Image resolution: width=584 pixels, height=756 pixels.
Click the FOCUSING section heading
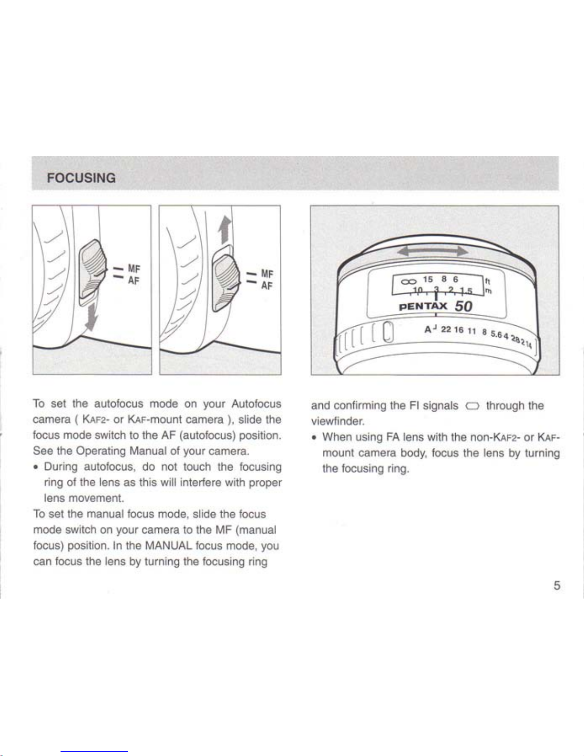tap(82, 178)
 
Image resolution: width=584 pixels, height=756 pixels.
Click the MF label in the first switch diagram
tap(134, 269)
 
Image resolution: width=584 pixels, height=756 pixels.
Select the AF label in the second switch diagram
tap(266, 286)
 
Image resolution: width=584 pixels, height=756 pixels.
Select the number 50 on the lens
tap(463, 306)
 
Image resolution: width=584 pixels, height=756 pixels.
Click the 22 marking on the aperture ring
tap(446, 329)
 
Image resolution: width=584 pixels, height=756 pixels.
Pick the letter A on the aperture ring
tap(428, 329)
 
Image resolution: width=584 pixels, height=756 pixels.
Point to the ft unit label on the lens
tap(488, 281)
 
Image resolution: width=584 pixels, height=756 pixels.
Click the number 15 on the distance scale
tap(428, 280)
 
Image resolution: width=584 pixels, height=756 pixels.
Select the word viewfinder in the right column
tap(338, 422)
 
